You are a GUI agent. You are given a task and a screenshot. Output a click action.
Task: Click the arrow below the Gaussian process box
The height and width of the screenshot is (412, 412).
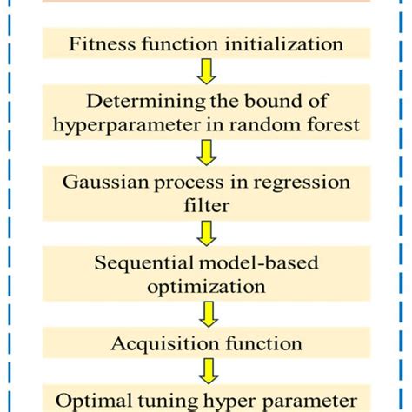coord(206,234)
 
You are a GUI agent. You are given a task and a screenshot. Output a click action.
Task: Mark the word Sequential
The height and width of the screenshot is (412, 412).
coord(136,262)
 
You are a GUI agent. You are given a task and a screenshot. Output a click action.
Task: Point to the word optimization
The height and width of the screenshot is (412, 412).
coord(206,284)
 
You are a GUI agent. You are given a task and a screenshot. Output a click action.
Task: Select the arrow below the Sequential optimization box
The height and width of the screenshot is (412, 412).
coord(206,312)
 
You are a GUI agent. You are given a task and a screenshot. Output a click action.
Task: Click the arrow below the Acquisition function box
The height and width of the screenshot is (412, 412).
coord(206,372)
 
